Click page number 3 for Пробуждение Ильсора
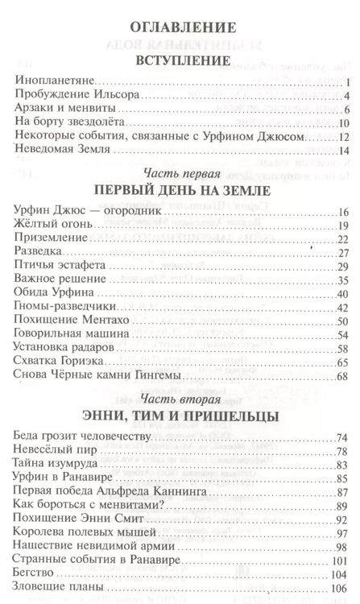pos(343,96)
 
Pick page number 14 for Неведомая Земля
pos(341,151)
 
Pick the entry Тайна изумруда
pos(56,465)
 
